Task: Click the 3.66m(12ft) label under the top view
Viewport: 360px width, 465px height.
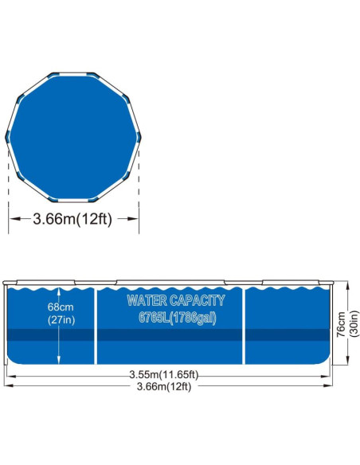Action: [x=72, y=219]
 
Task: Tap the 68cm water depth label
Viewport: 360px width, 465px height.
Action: [x=61, y=307]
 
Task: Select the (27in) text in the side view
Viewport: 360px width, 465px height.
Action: [x=61, y=320]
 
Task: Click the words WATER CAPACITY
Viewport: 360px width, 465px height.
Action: [x=176, y=300]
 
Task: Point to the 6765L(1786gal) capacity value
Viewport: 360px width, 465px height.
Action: [x=178, y=318]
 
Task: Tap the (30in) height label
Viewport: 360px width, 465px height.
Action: [x=354, y=323]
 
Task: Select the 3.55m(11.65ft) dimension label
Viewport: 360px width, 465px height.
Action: [x=164, y=374]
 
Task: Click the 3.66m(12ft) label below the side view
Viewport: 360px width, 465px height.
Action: [x=164, y=386]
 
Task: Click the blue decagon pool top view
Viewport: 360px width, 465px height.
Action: [x=73, y=137]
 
